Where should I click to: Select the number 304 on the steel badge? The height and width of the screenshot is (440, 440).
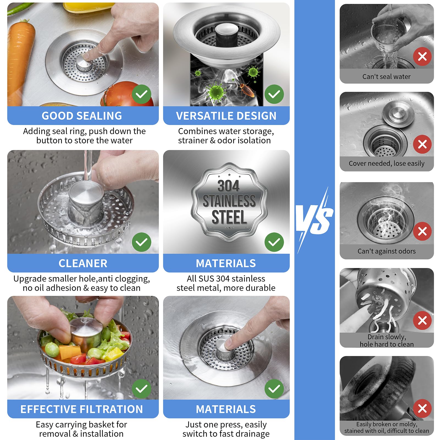point(228,186)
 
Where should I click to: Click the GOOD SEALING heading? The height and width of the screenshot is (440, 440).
point(82,116)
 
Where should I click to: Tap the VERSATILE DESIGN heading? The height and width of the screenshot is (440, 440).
point(226,116)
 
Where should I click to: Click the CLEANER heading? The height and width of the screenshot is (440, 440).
point(83,263)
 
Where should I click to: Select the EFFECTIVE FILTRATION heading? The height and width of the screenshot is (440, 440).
point(82,409)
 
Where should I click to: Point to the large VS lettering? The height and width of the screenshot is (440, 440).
point(315,220)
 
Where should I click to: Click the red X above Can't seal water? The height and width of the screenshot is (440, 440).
point(422,57)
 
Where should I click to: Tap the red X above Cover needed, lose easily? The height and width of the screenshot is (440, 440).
point(422,144)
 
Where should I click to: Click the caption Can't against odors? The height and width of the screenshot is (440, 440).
point(386,251)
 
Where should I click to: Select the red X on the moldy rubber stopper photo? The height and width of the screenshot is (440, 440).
point(422,408)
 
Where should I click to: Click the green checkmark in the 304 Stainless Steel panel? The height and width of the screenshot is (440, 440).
point(274,242)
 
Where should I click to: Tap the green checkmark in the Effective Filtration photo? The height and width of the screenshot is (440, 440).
point(141,388)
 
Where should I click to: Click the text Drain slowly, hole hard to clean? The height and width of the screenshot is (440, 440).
point(386,340)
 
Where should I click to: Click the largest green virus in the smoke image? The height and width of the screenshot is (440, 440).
point(217,91)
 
